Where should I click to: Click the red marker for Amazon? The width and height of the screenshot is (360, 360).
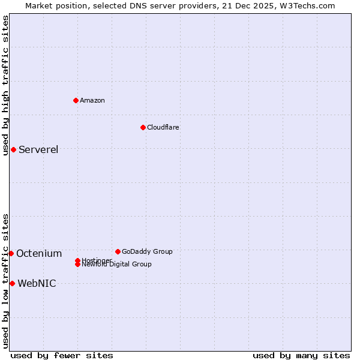[76, 100]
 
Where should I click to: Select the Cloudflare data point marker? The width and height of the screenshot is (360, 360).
[143, 127]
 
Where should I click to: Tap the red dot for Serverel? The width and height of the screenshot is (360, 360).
[13, 149]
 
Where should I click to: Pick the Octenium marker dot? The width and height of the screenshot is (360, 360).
[11, 253]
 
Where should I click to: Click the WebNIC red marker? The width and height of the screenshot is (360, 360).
[12, 283]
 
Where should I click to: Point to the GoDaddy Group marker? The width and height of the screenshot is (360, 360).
[118, 251]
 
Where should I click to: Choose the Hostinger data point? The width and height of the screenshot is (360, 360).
[77, 260]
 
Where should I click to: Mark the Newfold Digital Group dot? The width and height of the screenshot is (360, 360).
[78, 264]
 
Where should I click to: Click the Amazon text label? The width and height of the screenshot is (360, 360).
[92, 100]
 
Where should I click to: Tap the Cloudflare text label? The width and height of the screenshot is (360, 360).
[163, 127]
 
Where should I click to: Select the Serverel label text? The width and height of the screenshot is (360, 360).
[38, 149]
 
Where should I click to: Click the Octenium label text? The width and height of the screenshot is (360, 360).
[39, 253]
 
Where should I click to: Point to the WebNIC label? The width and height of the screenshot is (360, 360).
[37, 283]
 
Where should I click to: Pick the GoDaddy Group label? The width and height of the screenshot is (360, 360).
[147, 251]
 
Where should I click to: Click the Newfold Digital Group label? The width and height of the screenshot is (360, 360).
[118, 265]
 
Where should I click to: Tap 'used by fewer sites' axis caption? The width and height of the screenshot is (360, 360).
[62, 355]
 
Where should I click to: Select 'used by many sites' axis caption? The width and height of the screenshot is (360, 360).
[301, 355]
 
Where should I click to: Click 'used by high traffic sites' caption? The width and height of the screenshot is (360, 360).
[5, 85]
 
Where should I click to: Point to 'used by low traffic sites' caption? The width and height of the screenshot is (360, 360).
[5, 280]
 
